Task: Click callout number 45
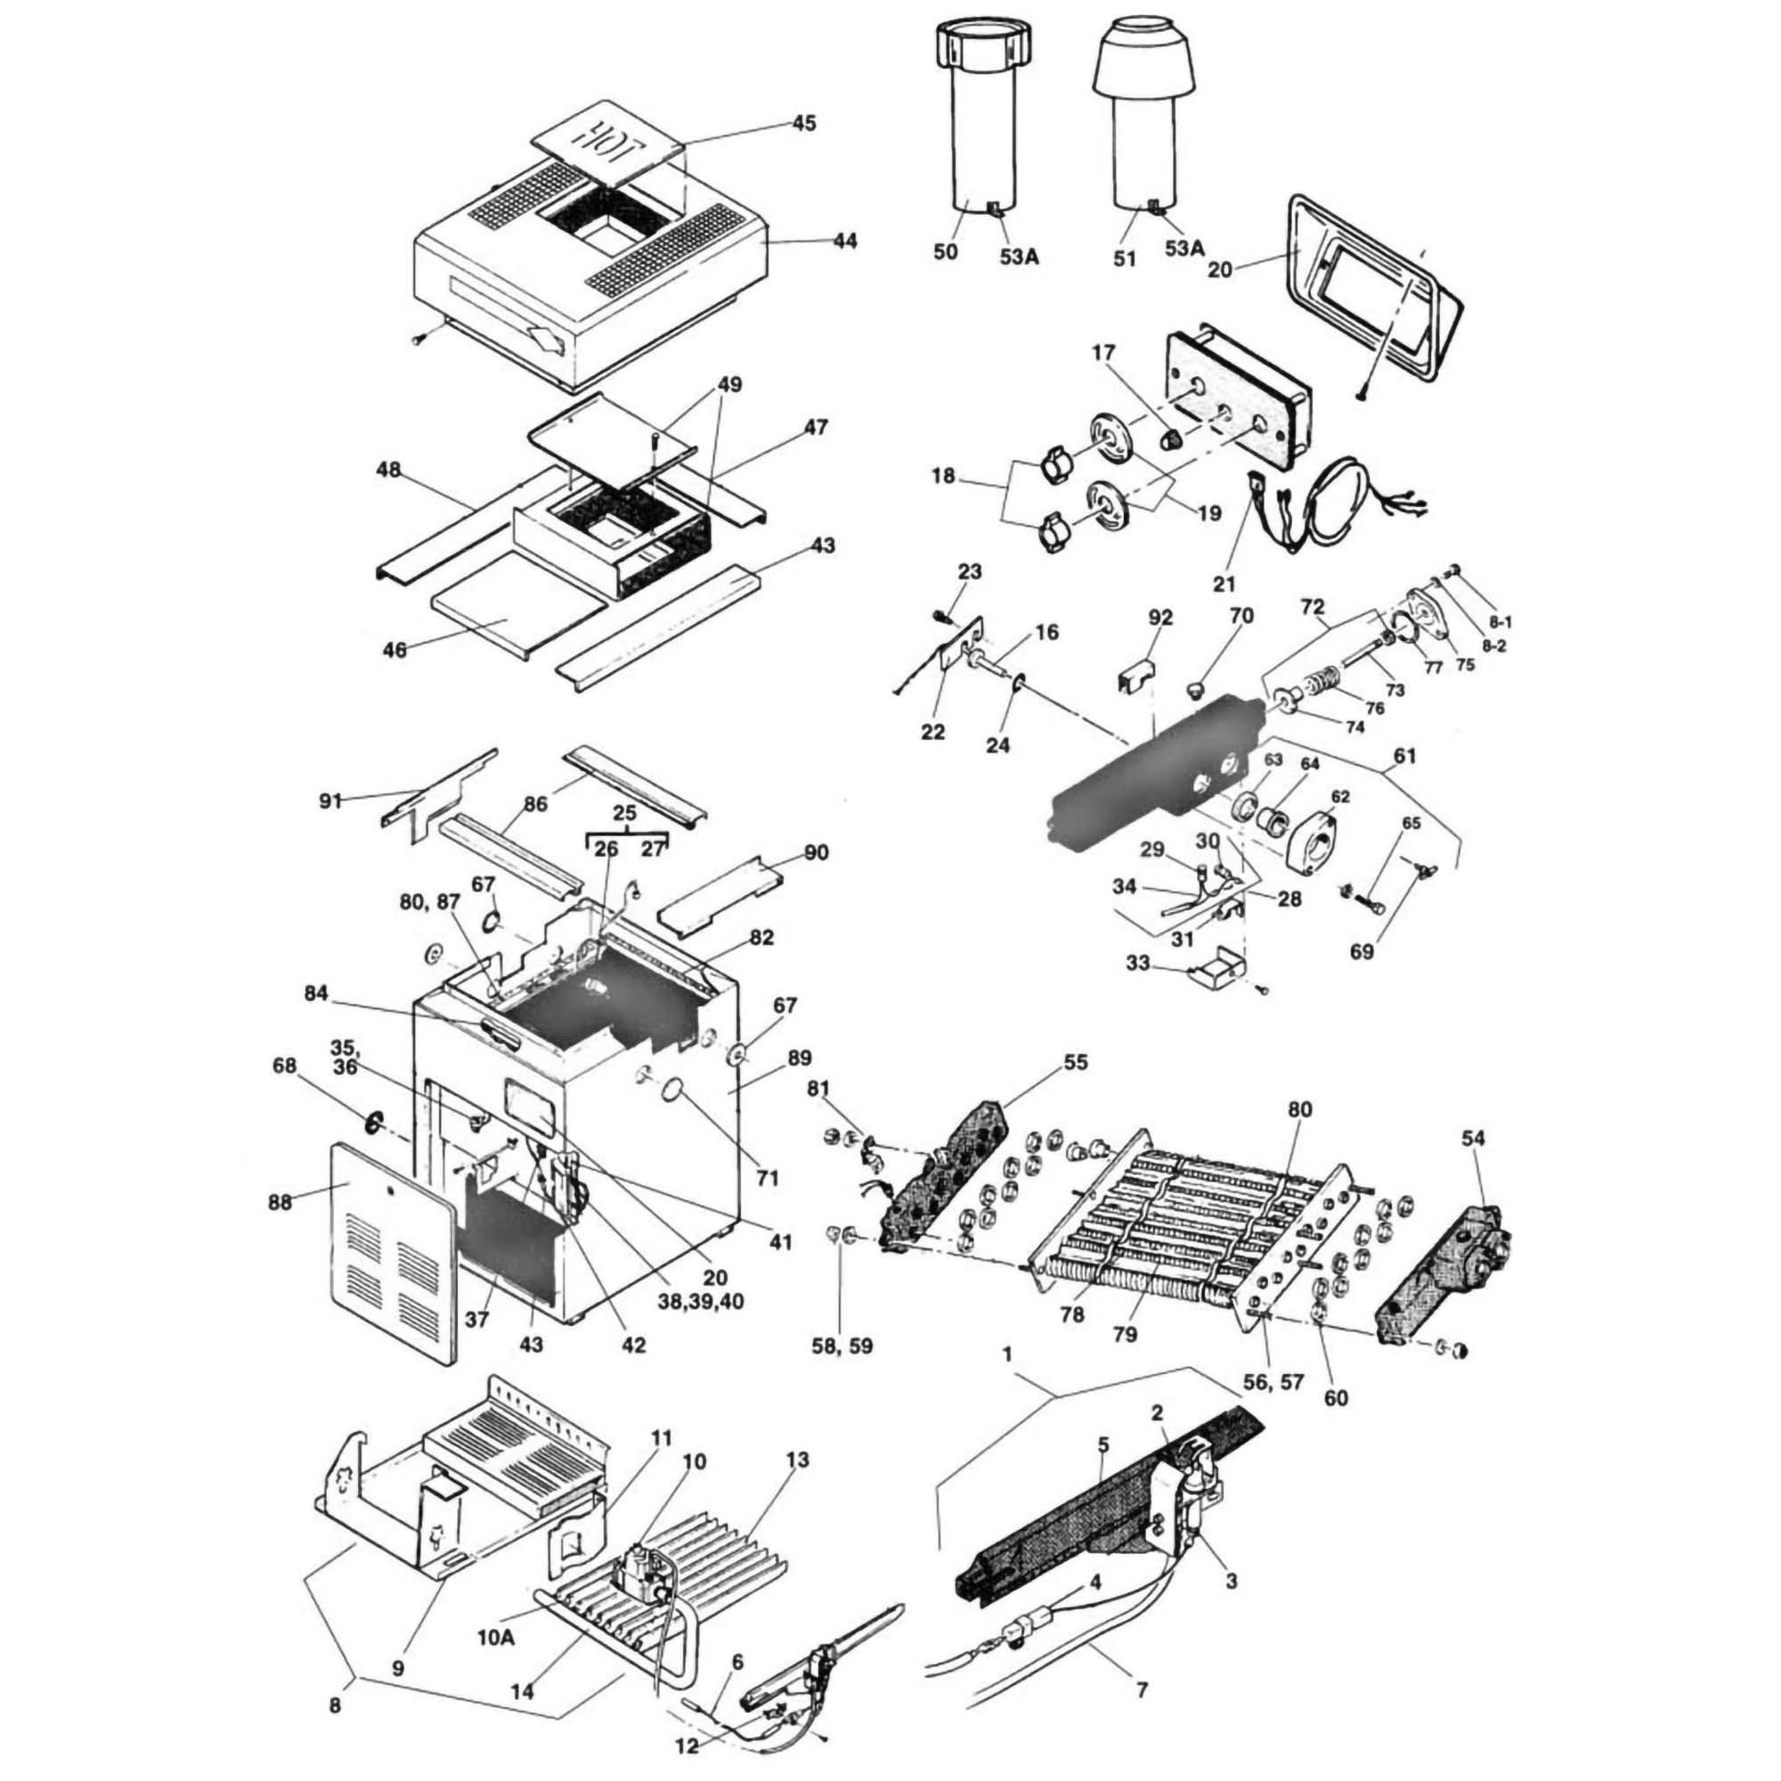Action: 804,123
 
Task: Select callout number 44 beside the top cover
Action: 844,241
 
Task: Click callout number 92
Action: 1160,618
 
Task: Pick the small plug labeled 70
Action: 1197,688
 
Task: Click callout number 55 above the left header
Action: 1074,1062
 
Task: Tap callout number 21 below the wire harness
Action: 1224,583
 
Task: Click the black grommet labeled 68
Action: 375,1123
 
